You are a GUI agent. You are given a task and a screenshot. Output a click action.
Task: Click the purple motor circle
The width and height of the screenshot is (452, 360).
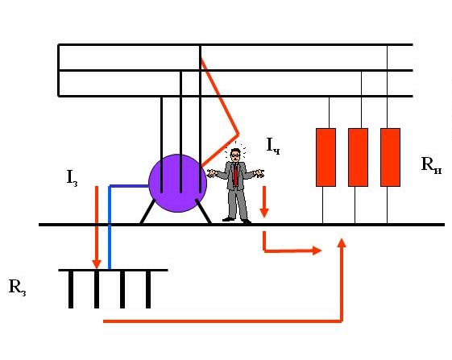(x=177, y=184)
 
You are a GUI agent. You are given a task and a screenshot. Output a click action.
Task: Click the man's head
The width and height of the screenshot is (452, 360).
(x=236, y=155)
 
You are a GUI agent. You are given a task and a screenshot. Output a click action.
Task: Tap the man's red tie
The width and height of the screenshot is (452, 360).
(x=236, y=175)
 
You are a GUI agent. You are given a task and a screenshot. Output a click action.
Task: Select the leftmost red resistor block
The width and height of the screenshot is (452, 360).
(x=326, y=157)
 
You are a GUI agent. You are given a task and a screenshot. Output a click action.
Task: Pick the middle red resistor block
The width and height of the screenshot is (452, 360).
(x=358, y=157)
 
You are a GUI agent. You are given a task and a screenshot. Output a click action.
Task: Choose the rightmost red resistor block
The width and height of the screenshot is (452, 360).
(x=390, y=157)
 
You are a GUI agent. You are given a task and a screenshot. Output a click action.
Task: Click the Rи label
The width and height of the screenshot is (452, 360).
(x=431, y=165)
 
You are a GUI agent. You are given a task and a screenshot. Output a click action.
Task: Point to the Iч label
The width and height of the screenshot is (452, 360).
(x=273, y=146)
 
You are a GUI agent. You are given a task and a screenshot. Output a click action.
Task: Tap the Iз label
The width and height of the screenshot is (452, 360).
(x=72, y=178)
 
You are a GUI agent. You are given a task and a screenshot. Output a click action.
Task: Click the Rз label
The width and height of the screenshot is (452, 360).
(x=17, y=288)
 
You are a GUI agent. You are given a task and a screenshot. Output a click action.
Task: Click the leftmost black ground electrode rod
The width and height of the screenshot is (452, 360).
(x=71, y=289)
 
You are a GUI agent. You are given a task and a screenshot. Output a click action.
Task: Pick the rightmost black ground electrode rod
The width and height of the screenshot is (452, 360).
(x=148, y=289)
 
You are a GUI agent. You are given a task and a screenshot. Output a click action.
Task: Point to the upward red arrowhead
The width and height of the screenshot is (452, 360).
(x=342, y=242)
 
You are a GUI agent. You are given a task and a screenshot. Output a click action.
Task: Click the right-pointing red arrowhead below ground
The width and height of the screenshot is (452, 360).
(x=317, y=250)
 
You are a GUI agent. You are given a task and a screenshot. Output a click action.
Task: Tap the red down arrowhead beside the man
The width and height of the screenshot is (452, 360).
(x=264, y=213)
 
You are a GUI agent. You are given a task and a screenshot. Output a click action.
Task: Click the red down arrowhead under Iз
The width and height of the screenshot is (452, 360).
(x=97, y=264)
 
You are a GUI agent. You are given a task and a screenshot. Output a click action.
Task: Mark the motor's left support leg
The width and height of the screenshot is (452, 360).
(x=147, y=212)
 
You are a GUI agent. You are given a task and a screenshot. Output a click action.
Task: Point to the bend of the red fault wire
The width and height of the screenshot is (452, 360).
(x=238, y=134)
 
